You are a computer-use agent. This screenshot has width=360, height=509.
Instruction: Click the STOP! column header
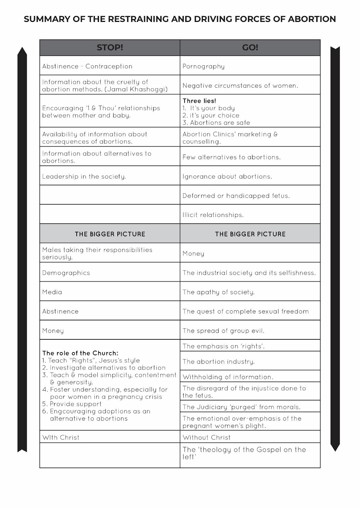click(x=110, y=48)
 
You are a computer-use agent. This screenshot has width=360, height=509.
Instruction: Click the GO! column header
click(x=250, y=48)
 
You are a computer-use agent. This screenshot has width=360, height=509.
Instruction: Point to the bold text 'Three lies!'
click(x=199, y=101)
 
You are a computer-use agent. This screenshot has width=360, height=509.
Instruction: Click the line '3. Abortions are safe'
click(x=216, y=123)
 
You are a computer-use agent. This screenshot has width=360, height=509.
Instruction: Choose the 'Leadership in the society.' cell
click(x=84, y=177)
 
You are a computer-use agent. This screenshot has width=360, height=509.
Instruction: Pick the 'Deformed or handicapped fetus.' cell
click(x=236, y=196)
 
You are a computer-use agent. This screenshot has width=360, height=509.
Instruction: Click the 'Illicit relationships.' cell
click(x=213, y=215)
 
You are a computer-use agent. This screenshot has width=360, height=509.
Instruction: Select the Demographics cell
click(x=66, y=273)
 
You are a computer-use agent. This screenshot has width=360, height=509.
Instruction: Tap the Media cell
click(x=52, y=292)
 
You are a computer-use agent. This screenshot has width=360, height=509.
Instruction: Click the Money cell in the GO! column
click(x=194, y=254)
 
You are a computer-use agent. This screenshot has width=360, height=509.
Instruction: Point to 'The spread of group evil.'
click(x=223, y=331)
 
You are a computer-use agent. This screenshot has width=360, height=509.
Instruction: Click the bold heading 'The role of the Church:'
click(x=80, y=353)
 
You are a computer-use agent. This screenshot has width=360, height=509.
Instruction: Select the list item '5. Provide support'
click(x=72, y=404)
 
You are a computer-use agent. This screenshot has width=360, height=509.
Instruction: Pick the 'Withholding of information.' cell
click(x=228, y=377)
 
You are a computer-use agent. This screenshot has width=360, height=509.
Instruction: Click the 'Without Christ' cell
click(x=207, y=437)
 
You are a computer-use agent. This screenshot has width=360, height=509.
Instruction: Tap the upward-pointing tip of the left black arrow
click(x=22, y=49)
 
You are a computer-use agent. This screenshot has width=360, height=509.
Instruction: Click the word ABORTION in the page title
click(x=312, y=19)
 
